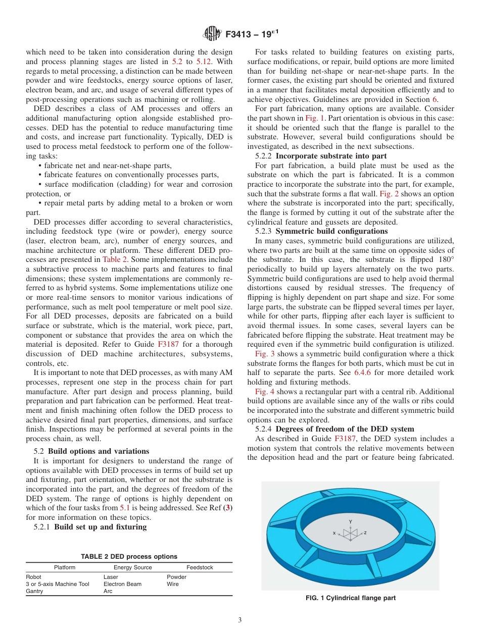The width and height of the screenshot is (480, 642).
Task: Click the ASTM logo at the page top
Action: point(212,34)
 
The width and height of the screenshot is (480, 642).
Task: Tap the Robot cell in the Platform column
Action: point(33,577)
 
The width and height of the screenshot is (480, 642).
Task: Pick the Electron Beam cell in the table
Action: point(122,584)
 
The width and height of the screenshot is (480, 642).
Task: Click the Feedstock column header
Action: point(200,567)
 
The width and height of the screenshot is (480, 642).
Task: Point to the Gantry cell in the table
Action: point(34,591)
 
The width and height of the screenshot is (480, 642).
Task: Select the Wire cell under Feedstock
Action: point(172,584)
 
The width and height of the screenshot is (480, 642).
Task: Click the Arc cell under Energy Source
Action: point(108,591)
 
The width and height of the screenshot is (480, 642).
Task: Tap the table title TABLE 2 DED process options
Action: point(129,556)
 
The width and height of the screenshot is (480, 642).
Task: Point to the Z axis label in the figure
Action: point(365,532)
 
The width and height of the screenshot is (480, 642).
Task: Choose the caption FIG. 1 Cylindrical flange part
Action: point(350,598)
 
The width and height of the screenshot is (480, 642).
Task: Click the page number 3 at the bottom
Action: point(240,620)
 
